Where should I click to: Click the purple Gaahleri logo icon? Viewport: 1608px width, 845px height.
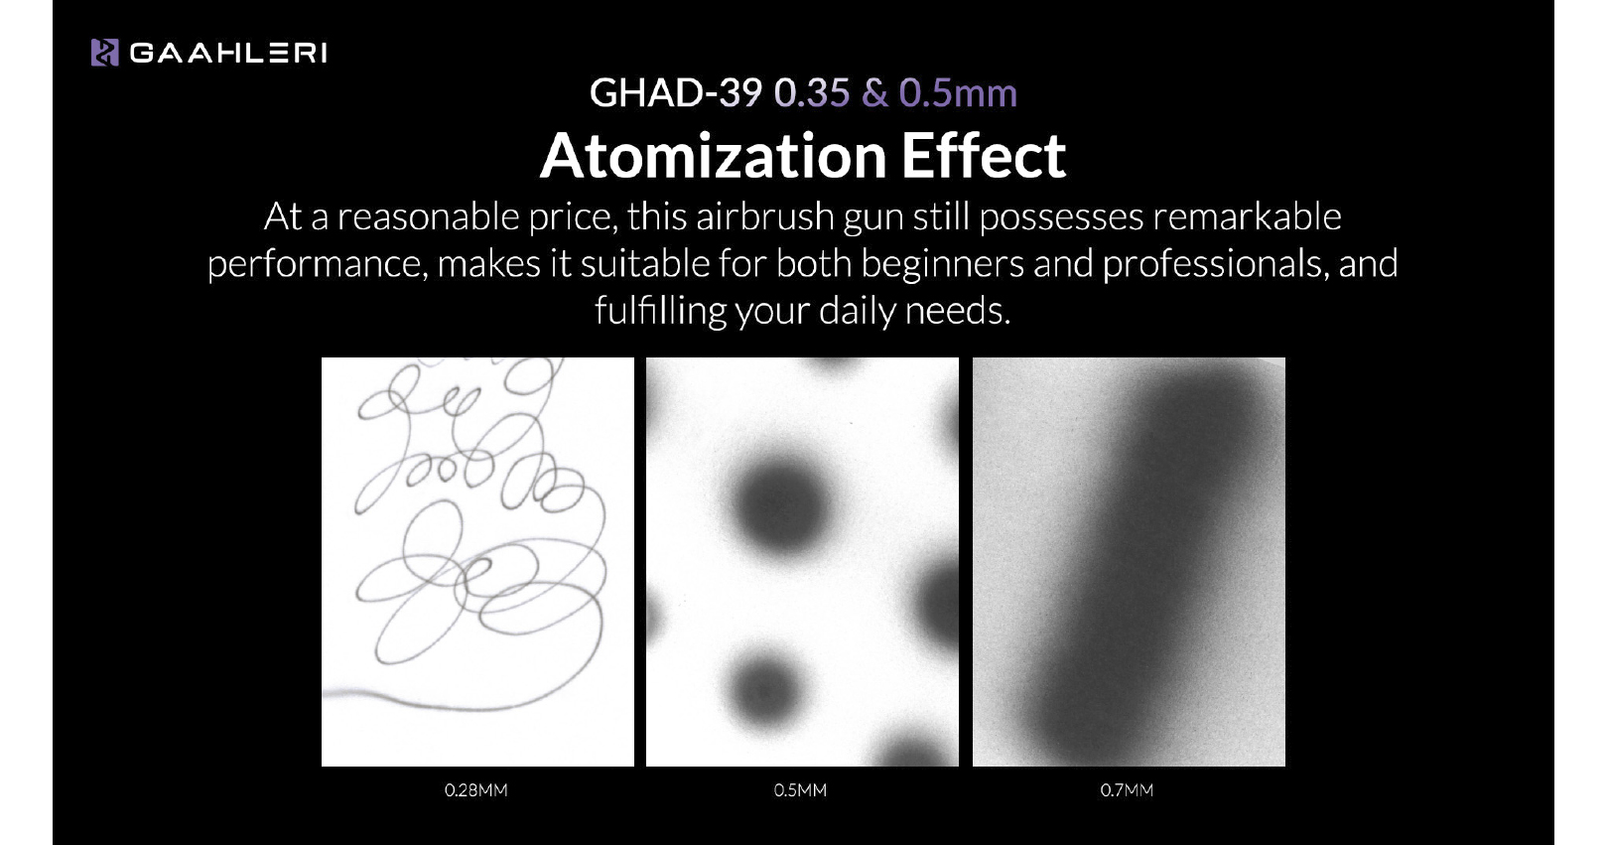(104, 53)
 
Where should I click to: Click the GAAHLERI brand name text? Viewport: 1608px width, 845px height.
(228, 54)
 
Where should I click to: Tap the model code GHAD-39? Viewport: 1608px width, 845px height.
(676, 93)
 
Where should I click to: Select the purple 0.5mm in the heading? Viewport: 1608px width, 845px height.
(958, 93)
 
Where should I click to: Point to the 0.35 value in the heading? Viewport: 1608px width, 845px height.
(812, 93)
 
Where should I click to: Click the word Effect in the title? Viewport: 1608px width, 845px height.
(984, 156)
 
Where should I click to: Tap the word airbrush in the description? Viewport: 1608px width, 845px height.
(765, 216)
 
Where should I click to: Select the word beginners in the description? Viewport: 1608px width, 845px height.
(943, 264)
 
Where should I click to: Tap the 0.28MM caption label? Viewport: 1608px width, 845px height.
(475, 790)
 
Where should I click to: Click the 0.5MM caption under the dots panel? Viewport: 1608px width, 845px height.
(800, 790)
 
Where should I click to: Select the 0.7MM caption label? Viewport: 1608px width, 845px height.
(1127, 790)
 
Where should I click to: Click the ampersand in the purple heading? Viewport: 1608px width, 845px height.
(874, 93)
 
